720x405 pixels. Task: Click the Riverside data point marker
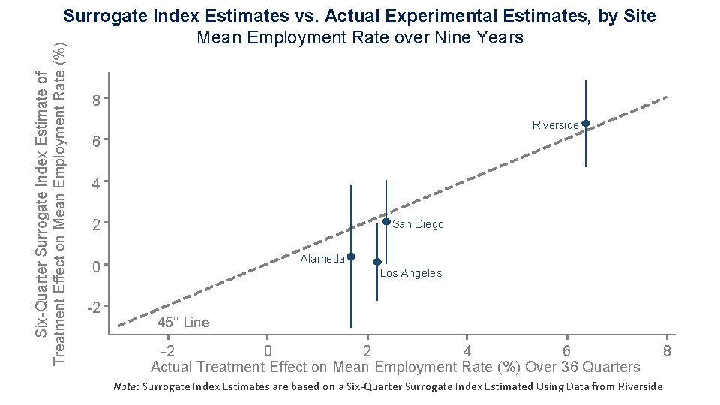point(585,123)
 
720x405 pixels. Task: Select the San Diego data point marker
point(386,222)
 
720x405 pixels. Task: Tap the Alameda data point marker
point(351,256)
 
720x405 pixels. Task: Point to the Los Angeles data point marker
point(377,262)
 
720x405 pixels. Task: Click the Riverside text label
point(555,124)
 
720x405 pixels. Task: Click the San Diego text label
point(418,224)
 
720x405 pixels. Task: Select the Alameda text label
point(322,259)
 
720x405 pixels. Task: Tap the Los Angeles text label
point(410,273)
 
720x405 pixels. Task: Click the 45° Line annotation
point(183,322)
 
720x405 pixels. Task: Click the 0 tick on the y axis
point(95,265)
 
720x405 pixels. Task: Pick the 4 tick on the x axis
point(466,351)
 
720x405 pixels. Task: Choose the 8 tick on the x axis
point(666,351)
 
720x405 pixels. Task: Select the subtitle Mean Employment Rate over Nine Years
point(359,37)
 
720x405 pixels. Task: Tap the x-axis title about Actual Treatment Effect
point(395,367)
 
